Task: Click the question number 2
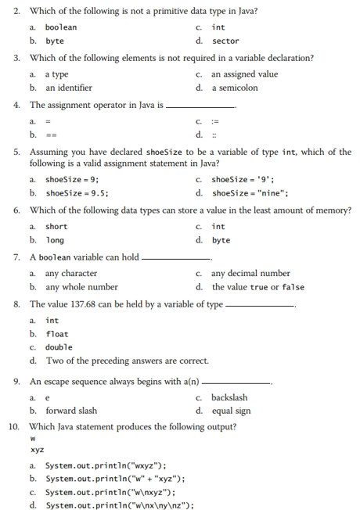16,11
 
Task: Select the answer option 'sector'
225,41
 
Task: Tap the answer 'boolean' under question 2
61,27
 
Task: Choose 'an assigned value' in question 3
244,74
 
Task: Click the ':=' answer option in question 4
216,121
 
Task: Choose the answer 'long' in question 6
55,240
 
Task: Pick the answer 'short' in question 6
56,227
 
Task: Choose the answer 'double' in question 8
59,347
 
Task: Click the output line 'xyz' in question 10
37,450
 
